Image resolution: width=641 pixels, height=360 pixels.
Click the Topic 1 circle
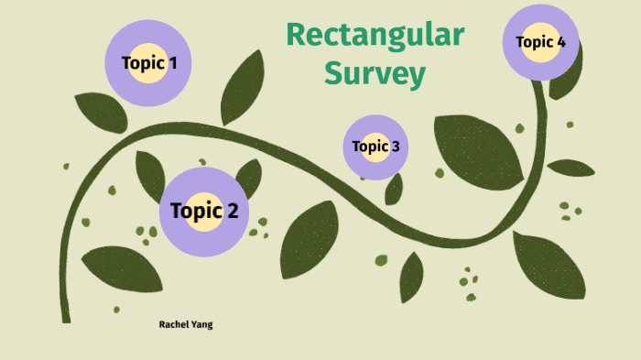click(x=148, y=63)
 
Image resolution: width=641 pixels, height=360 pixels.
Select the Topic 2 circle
click(x=204, y=212)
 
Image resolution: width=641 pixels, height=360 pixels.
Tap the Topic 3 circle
click(x=375, y=147)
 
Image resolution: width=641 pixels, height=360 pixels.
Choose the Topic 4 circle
click(x=541, y=42)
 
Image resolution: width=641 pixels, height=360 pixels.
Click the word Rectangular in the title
click(x=375, y=35)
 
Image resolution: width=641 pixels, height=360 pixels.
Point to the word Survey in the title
click(x=375, y=73)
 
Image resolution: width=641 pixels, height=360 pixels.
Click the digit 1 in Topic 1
click(x=173, y=63)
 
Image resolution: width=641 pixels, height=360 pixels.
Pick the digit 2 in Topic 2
click(x=233, y=212)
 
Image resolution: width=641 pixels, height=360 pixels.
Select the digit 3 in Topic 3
click(x=395, y=147)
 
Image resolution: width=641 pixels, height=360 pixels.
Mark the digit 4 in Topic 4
click(x=560, y=42)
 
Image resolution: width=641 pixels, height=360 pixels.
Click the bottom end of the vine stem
click(x=66, y=318)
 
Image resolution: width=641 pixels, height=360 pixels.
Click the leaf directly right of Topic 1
click(x=242, y=87)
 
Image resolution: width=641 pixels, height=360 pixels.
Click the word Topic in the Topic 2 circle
click(x=196, y=212)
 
